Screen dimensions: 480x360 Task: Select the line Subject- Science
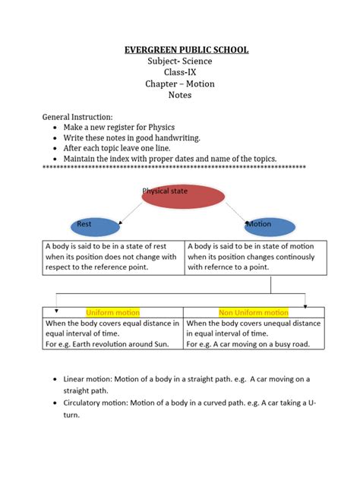[180, 62]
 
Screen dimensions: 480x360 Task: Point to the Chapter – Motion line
[180, 84]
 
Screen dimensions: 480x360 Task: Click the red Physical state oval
[183, 196]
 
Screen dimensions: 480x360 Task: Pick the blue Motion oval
[270, 226]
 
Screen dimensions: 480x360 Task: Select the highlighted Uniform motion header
[112, 312]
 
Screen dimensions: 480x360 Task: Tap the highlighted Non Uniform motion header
[254, 312]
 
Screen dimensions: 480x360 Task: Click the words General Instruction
[77, 118]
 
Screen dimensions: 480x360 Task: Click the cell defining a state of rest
[112, 257]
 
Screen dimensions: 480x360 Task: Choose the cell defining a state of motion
[255, 257]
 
